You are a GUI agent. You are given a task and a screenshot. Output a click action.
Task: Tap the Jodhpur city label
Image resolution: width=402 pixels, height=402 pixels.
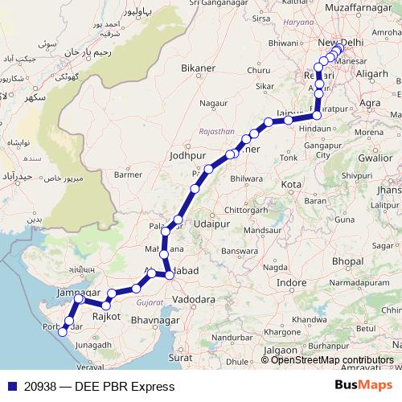[189, 155]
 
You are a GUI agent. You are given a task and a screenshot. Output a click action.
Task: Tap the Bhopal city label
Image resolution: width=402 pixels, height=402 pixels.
[347, 261]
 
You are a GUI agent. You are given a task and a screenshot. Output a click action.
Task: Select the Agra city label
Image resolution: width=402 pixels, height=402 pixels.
[371, 104]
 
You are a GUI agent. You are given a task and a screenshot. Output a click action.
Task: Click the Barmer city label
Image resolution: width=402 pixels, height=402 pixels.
[129, 174]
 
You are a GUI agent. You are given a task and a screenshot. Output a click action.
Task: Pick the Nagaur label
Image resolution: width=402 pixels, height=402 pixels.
[214, 104]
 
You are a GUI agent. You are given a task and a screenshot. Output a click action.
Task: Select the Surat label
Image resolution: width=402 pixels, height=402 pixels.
[182, 355]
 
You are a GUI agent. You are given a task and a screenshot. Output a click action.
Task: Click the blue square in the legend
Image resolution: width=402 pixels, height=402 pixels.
[8, 387]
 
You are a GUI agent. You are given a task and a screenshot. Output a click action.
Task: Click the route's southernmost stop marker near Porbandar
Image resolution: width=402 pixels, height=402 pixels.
[63, 332]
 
